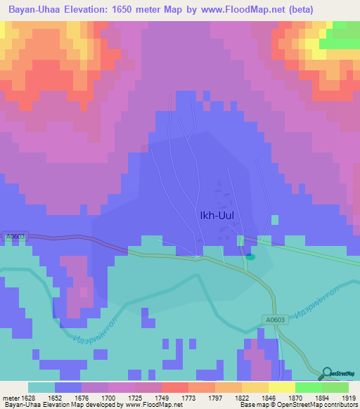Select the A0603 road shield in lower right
click(x=276, y=319)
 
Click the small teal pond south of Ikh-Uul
click(x=250, y=257)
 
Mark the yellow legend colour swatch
click(x=281, y=387)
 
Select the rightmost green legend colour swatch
click(x=335, y=387)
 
